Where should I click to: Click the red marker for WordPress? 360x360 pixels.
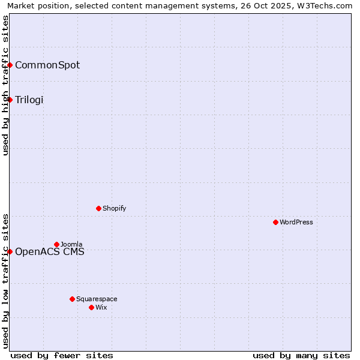coord(275,222)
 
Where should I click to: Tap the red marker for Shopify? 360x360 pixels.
coord(98,208)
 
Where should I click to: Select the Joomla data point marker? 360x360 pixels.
coord(56,244)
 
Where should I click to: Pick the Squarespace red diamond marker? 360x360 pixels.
coord(72,299)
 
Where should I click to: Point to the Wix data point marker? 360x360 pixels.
coord(91,307)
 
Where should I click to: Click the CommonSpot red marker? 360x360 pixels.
coord(10,65)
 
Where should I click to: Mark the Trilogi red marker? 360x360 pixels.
coord(10,100)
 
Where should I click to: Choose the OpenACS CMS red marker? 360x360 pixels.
coord(10,251)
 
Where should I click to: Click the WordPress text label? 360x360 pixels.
coord(296,222)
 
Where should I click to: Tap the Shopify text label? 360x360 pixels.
coord(115,208)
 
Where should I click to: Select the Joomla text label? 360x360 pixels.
coord(71,244)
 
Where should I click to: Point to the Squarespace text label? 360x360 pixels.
coord(97,299)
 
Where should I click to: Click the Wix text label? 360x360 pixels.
coord(101,307)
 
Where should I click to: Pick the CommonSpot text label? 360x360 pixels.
coord(47,65)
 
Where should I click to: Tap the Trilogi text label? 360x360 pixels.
coord(29,100)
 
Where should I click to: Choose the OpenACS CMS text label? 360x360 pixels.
coord(50,251)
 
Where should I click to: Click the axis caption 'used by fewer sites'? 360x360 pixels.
coord(62,355)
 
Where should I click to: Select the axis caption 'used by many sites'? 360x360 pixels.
coord(301,355)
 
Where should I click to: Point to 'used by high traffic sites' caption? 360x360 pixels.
coord(5,85)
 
